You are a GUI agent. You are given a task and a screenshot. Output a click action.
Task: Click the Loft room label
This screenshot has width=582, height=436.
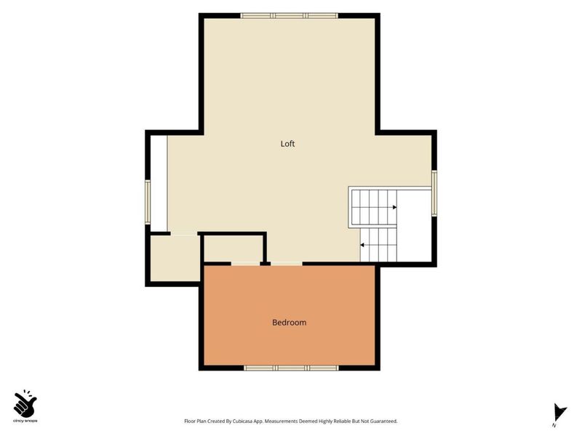(x=287, y=144)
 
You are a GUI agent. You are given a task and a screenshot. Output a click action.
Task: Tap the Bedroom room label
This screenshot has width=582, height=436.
(x=289, y=323)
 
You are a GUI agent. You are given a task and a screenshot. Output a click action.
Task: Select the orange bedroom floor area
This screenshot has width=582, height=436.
(x=290, y=315)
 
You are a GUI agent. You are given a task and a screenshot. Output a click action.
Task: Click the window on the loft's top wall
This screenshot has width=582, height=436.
(x=289, y=15)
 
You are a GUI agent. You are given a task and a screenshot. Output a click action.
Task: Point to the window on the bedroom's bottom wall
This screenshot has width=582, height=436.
(x=291, y=368)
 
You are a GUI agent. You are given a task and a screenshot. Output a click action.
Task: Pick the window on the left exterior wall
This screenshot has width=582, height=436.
(x=148, y=202)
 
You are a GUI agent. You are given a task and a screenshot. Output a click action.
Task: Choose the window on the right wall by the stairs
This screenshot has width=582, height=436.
(x=434, y=193)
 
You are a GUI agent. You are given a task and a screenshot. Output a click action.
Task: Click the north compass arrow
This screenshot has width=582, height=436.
(x=559, y=413)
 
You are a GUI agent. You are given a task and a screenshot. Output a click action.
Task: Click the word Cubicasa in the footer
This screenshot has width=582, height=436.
(x=243, y=421)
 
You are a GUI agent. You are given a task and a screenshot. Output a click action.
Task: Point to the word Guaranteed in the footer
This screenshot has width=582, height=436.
(x=384, y=421)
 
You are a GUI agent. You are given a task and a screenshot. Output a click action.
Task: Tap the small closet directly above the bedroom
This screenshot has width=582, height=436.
(x=234, y=249)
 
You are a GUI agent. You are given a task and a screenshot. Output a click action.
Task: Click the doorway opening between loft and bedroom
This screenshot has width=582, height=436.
(x=286, y=264)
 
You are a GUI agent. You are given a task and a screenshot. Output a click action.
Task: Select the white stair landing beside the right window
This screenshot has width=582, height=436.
(x=414, y=226)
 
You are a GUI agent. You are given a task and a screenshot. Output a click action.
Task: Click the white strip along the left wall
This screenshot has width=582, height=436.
(x=159, y=184)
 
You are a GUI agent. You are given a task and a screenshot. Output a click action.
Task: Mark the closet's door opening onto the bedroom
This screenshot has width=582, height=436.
(x=245, y=264)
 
